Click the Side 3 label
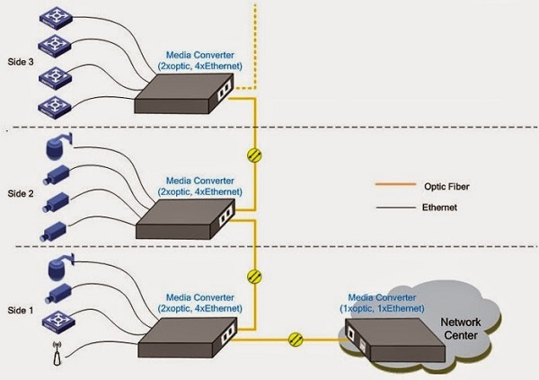pyautogui.click(x=21, y=62)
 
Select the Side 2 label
pyautogui.click(x=21, y=194)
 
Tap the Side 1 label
pyautogui.click(x=21, y=311)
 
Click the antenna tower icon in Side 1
pyautogui.click(x=57, y=353)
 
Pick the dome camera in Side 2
pyautogui.click(x=58, y=146)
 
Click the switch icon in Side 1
pyautogui.click(x=58, y=322)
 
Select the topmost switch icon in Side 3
pyautogui.click(x=56, y=18)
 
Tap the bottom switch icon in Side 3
pyautogui.click(x=54, y=108)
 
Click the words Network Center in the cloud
pyautogui.click(x=461, y=329)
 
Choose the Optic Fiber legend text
pyautogui.click(x=446, y=187)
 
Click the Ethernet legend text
pyautogui.click(x=439, y=208)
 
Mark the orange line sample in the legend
pyautogui.click(x=395, y=184)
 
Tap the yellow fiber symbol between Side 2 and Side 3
pyautogui.click(x=254, y=155)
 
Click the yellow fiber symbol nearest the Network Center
pyautogui.click(x=296, y=340)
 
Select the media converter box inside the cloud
pyautogui.click(x=395, y=340)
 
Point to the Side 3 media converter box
pyautogui.click(x=184, y=93)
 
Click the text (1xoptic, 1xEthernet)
pyautogui.click(x=382, y=308)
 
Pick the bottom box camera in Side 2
pyautogui.click(x=53, y=231)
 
